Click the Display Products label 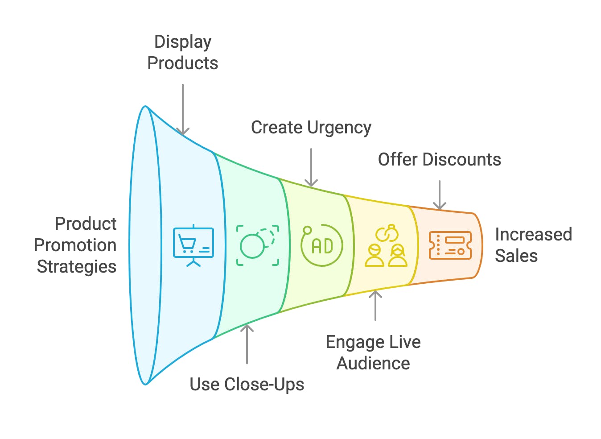(x=182, y=53)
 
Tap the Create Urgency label (x=311, y=128)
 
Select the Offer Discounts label (x=439, y=160)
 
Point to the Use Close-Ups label (x=247, y=384)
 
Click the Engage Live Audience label (x=373, y=352)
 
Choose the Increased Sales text (x=533, y=245)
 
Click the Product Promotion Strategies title (x=76, y=245)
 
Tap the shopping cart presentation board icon (x=193, y=245)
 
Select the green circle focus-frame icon (x=258, y=245)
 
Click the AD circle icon (x=321, y=245)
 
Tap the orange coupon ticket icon (x=450, y=245)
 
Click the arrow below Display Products (x=182, y=109)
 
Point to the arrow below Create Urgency (x=311, y=167)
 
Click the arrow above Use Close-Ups (x=247, y=344)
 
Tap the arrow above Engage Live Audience (x=375, y=305)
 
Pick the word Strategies (x=76, y=266)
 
